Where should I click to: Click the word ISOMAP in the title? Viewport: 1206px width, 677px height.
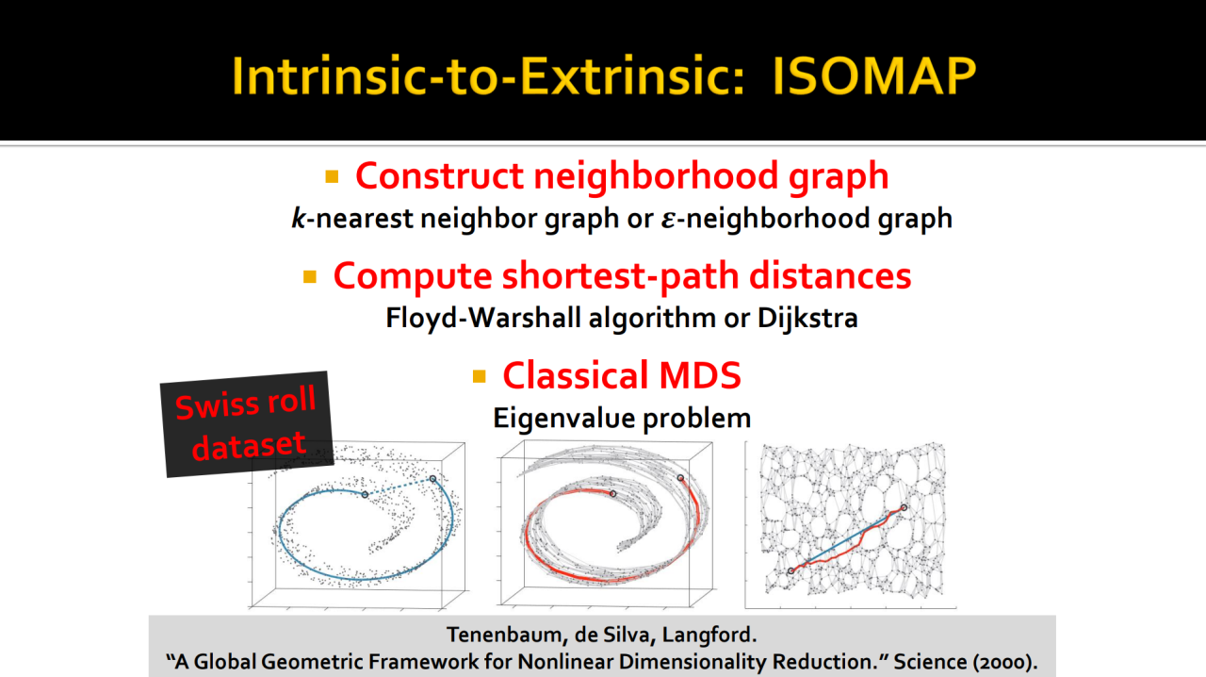(x=873, y=76)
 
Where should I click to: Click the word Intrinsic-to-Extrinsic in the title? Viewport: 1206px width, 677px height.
(x=488, y=76)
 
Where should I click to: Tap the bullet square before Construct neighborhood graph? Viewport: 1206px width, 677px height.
(x=332, y=176)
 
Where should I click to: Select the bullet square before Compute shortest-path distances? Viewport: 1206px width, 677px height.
(x=310, y=276)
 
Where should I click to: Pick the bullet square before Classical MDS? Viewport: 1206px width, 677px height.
(x=480, y=375)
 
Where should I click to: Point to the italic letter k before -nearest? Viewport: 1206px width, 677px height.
(x=299, y=219)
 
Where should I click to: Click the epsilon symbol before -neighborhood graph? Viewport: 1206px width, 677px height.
(x=668, y=220)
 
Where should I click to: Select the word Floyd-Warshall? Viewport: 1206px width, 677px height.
(x=483, y=317)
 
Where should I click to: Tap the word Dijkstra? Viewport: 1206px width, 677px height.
(x=807, y=318)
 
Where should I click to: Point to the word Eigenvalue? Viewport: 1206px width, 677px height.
(x=563, y=419)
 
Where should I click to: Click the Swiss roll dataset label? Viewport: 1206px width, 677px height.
(x=247, y=424)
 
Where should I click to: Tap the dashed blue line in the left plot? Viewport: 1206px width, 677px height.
(x=399, y=487)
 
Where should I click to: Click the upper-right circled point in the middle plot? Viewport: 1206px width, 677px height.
(x=680, y=477)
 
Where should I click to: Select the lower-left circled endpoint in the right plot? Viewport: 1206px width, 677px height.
(x=790, y=570)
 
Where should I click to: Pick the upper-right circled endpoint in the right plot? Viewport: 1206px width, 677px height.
(x=904, y=507)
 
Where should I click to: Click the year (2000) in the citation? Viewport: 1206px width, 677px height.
(x=1004, y=662)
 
